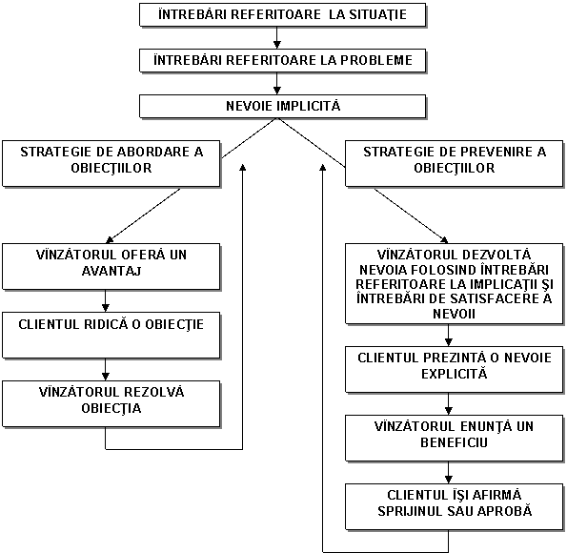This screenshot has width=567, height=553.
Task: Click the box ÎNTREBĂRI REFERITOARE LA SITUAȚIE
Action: pyautogui.click(x=282, y=15)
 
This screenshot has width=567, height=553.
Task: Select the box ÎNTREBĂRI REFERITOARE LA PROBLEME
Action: pyautogui.click(x=282, y=60)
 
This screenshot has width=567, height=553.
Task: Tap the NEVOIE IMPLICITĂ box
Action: pyautogui.click(x=282, y=107)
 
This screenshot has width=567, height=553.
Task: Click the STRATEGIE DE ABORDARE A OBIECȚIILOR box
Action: pyautogui.click(x=111, y=164)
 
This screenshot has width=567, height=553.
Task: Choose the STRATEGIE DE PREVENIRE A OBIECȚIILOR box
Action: pyautogui.click(x=455, y=164)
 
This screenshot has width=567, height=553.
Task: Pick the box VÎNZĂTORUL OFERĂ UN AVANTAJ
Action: pyautogui.click(x=111, y=267)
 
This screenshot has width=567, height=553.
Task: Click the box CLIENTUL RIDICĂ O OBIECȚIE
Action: pyautogui.click(x=111, y=335)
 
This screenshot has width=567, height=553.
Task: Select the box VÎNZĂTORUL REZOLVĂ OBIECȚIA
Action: pyautogui.click(x=111, y=404)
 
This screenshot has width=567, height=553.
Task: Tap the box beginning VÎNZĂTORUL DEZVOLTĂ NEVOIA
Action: pyautogui.click(x=455, y=284)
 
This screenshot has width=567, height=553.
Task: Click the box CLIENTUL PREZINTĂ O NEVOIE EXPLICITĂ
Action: pyautogui.click(x=455, y=370)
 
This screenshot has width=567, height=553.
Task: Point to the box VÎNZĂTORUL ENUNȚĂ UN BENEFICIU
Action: pyautogui.click(x=455, y=439)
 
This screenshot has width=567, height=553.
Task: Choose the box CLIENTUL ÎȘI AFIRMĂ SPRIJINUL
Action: pyautogui.click(x=455, y=507)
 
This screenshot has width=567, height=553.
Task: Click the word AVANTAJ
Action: pyautogui.click(x=111, y=271)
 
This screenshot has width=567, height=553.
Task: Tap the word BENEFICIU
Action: pyautogui.click(x=455, y=442)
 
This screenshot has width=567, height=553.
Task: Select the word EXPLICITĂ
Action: pyautogui.click(x=455, y=374)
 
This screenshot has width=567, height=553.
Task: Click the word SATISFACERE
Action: pyautogui.click(x=491, y=299)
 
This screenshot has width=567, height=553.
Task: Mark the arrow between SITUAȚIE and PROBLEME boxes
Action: pyautogui.click(x=277, y=37)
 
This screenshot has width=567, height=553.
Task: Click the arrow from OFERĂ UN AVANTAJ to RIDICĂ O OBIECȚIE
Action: pyautogui.click(x=106, y=300)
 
